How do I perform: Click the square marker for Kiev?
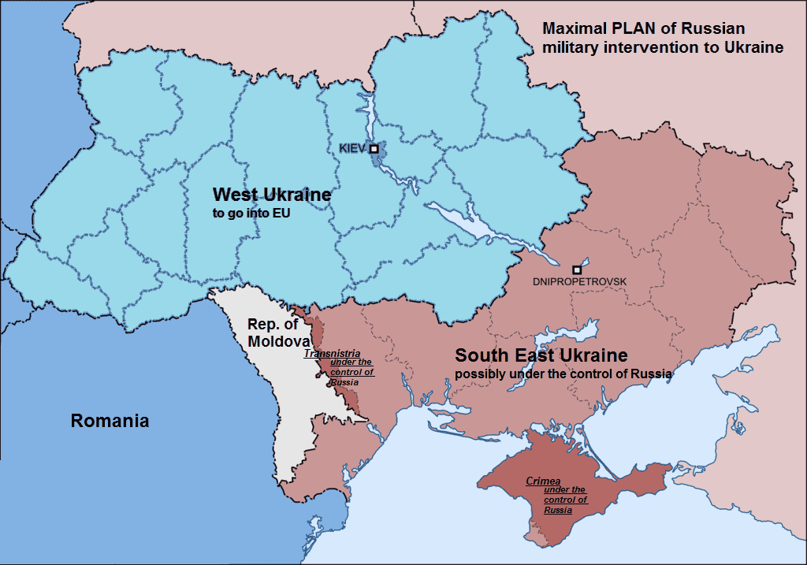374,148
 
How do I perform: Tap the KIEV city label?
353,148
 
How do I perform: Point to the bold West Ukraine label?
272,194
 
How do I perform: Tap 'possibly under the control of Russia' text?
563,373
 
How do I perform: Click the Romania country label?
110,420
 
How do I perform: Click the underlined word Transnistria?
332,354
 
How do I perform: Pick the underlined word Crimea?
543,481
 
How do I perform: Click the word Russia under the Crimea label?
558,510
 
